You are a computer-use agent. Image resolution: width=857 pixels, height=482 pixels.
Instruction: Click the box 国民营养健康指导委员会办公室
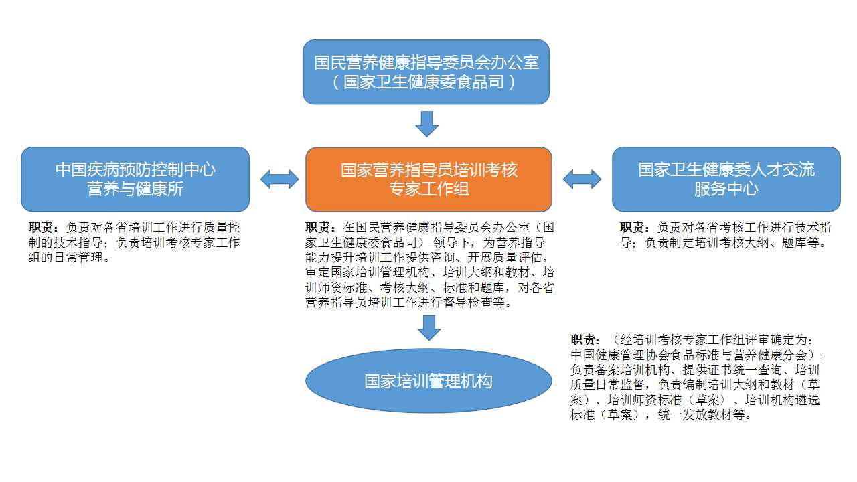pyautogui.click(x=426, y=72)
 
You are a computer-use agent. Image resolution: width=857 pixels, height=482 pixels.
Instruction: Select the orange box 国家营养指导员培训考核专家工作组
pyautogui.click(x=428, y=179)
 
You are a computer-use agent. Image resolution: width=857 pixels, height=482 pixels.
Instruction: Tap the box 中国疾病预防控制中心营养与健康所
pyautogui.click(x=135, y=179)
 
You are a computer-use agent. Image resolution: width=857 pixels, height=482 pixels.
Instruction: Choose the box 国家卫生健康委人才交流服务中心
pyautogui.click(x=726, y=179)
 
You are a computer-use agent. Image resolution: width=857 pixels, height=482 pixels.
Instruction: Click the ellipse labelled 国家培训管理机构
pyautogui.click(x=428, y=381)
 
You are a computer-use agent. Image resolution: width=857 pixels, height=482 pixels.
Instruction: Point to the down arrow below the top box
pyautogui.click(x=427, y=124)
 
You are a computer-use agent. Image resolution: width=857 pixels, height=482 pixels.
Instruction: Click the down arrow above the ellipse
pyautogui.click(x=429, y=328)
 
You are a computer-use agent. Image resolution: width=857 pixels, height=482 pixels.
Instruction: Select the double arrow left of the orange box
pyautogui.click(x=279, y=179)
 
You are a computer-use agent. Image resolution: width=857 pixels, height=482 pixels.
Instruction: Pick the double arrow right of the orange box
pyautogui.click(x=582, y=179)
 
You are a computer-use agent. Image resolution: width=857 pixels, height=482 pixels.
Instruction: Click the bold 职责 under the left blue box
pyautogui.click(x=41, y=227)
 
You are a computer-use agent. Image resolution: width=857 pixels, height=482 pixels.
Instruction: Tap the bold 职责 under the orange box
pyautogui.click(x=317, y=227)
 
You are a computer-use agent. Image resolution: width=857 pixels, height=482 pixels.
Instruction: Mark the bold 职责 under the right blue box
pyautogui.click(x=632, y=227)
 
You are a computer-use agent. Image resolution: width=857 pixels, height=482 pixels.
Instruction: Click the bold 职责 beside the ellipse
pyautogui.click(x=582, y=339)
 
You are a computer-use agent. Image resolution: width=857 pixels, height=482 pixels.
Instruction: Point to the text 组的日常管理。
pyautogui.click(x=70, y=258)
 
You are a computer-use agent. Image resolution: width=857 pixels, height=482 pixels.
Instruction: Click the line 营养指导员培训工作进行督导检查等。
pyautogui.click(x=408, y=302)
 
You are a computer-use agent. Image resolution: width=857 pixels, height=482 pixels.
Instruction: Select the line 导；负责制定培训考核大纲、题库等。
pyautogui.click(x=722, y=242)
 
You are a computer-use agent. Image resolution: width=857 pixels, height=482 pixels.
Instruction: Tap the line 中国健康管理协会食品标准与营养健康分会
pyautogui.click(x=689, y=355)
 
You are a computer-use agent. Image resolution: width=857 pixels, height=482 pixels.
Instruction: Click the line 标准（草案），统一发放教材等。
pyautogui.click(x=661, y=414)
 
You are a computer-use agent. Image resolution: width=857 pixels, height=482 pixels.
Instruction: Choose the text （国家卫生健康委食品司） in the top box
pyautogui.click(x=424, y=82)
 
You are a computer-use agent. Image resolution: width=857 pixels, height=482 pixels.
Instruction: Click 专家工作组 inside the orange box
pyautogui.click(x=429, y=189)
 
